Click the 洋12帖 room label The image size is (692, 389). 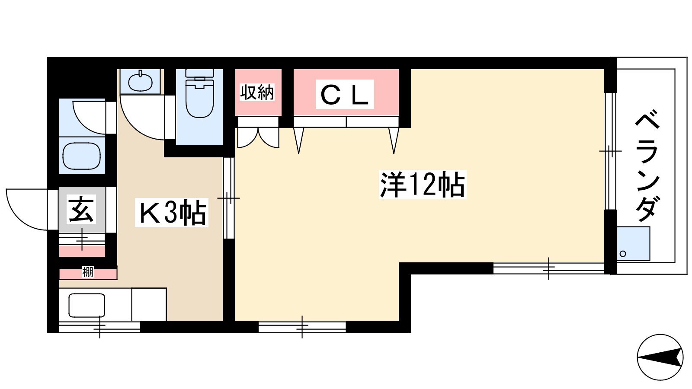coord(422,185)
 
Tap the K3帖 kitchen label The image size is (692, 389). coord(172,213)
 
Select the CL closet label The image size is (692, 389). coord(345,94)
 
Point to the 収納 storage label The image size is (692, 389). coord(257,92)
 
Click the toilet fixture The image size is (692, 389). coord(199,93)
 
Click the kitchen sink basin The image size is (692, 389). coord(87,305)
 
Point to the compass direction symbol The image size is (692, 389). coord(660,357)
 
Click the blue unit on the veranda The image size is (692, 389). coord(633,244)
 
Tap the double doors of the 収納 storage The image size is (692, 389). coord(258,138)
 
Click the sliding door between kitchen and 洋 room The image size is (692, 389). coord(229,198)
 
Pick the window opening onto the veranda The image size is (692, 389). coord(610,151)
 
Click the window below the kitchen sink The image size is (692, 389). coord(99,327)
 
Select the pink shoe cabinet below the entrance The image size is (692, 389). coord(82,251)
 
